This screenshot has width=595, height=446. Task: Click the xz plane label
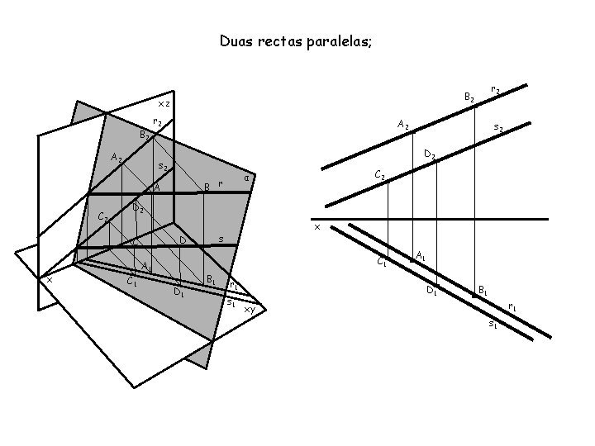tap(164, 104)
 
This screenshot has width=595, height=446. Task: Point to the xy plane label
tap(249, 309)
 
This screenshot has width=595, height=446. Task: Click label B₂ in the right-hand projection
tap(469, 97)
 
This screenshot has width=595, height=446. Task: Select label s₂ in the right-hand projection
tap(498, 128)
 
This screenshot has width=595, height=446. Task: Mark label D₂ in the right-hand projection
tap(430, 154)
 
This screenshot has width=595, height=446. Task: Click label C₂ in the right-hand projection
tap(380, 175)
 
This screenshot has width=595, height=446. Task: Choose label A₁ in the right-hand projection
tap(421, 255)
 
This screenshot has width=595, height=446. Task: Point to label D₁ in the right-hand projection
tap(431, 289)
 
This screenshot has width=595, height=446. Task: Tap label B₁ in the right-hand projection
tap(483, 291)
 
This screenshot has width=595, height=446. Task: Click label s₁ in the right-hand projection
tap(493, 323)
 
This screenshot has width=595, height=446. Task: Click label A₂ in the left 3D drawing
tap(117, 159)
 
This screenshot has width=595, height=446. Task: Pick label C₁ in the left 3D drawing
tap(131, 282)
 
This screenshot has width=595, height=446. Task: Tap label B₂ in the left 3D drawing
tap(145, 134)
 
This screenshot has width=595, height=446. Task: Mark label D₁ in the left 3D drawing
tap(178, 291)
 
